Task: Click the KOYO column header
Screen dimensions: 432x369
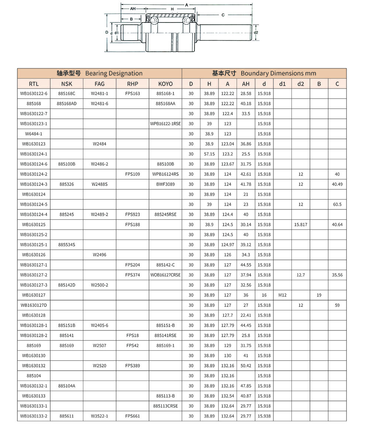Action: point(165,84)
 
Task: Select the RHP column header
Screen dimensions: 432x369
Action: point(132,84)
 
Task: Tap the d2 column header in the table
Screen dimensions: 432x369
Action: point(301,84)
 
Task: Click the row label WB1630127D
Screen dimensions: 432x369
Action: point(34,305)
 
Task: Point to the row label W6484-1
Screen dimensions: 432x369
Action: point(34,134)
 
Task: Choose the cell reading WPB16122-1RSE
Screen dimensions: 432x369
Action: point(165,124)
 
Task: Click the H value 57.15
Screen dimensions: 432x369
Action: point(209,154)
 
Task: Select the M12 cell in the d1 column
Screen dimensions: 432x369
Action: point(282,295)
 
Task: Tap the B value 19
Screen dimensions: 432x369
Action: point(319,295)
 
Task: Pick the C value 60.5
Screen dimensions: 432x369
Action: point(337,204)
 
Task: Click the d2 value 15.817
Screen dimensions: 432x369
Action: point(301,224)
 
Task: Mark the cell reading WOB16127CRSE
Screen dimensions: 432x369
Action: point(165,275)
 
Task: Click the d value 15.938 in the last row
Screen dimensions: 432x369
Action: point(264,416)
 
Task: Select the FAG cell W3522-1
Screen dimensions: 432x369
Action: point(100,416)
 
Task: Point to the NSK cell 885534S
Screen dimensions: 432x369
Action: point(67,245)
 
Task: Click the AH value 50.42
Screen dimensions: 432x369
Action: point(246,366)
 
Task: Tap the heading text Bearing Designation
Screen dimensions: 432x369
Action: point(114,73)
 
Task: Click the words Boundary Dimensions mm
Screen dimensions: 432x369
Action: point(278,73)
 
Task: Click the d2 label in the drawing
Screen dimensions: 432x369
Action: point(256,33)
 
